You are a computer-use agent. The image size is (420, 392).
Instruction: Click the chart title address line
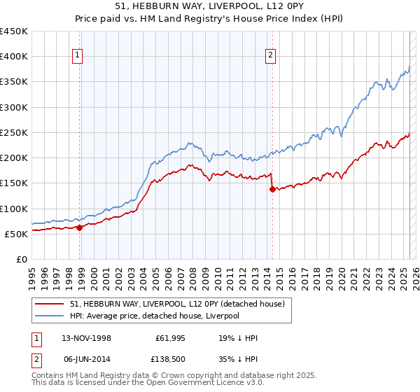(209, 6)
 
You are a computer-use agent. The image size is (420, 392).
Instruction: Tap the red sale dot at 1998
(80, 227)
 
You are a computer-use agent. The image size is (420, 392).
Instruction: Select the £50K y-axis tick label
(17, 234)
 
